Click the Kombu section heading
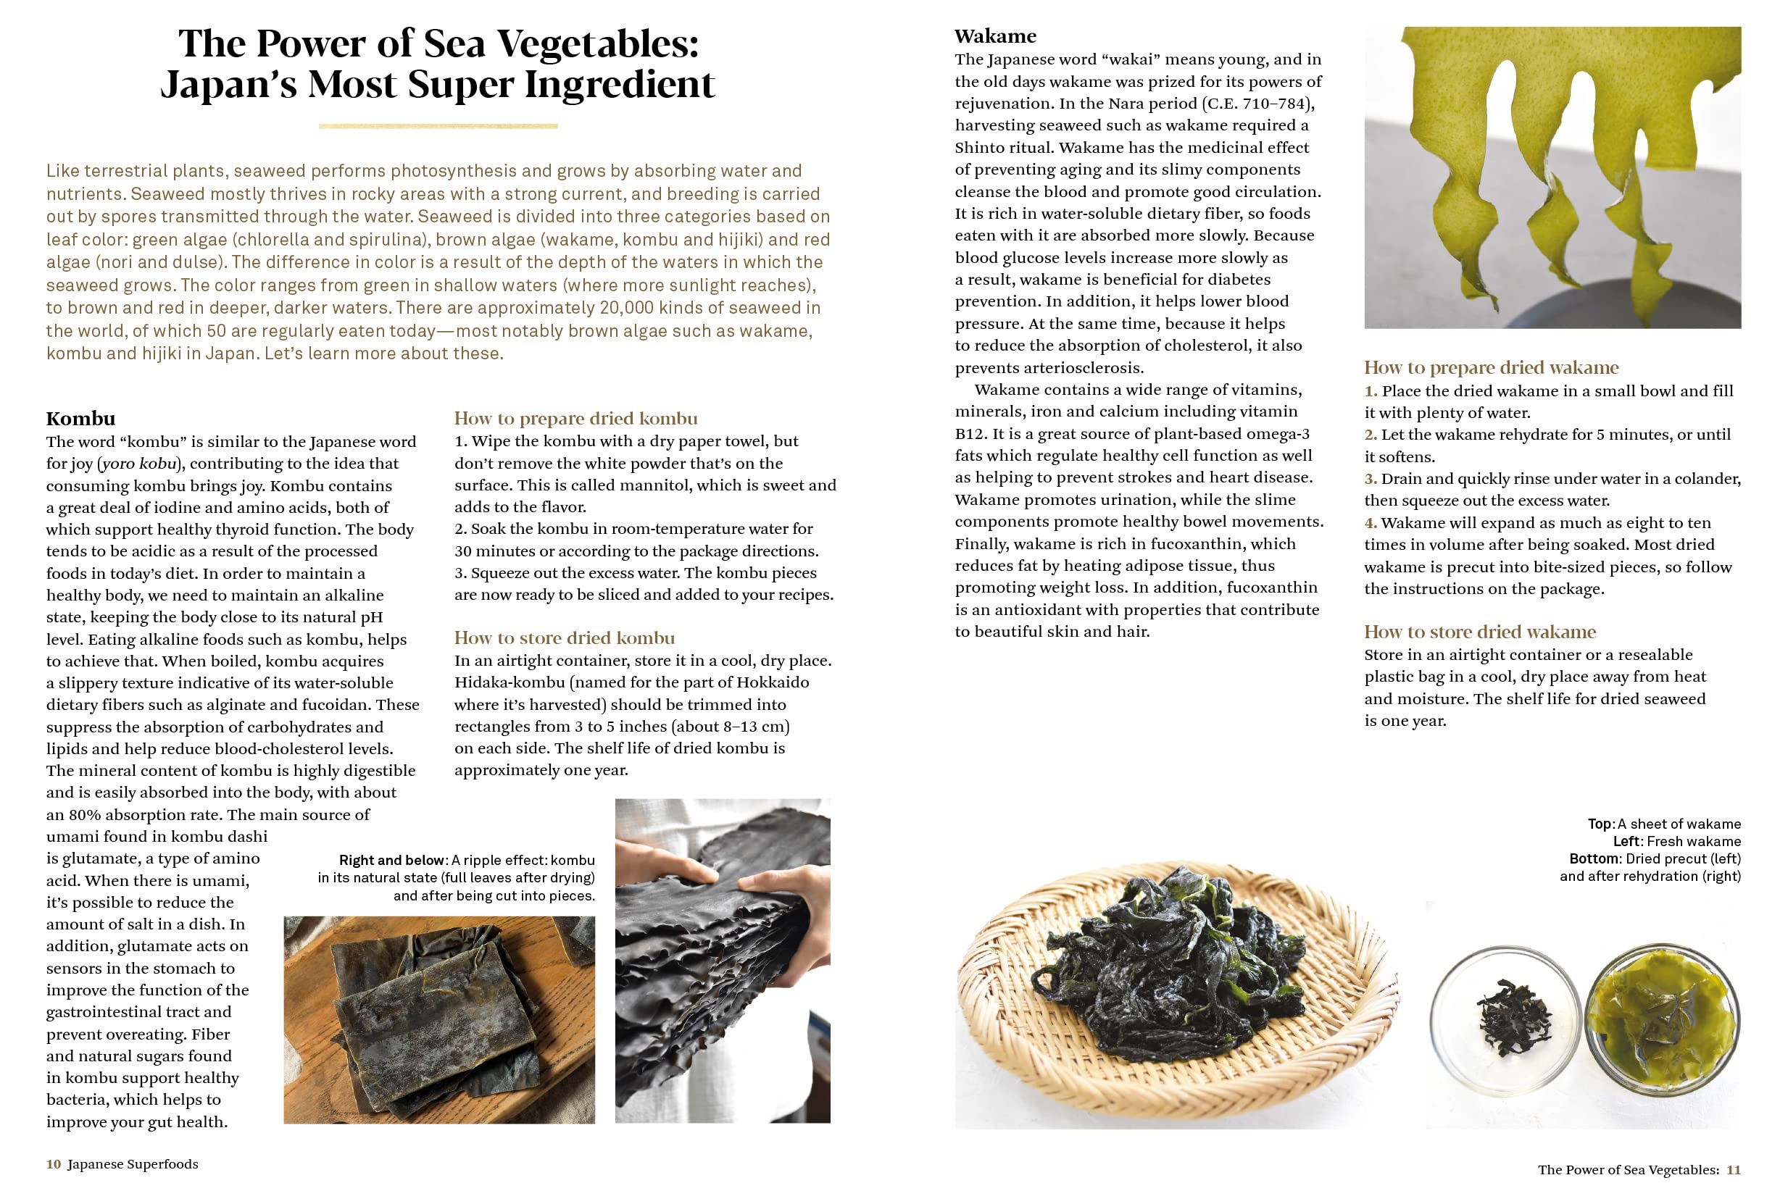coord(80,419)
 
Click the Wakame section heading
coord(994,36)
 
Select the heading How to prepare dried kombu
coord(575,419)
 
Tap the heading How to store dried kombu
coord(565,638)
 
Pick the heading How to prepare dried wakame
coord(1491,368)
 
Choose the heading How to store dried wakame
coord(1480,632)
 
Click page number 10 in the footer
coord(54,1164)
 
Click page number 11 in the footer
coord(1734,1169)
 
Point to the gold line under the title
coord(438,126)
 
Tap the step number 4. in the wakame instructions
coord(1371,523)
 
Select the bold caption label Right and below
coord(391,860)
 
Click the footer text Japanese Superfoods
coord(133,1164)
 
